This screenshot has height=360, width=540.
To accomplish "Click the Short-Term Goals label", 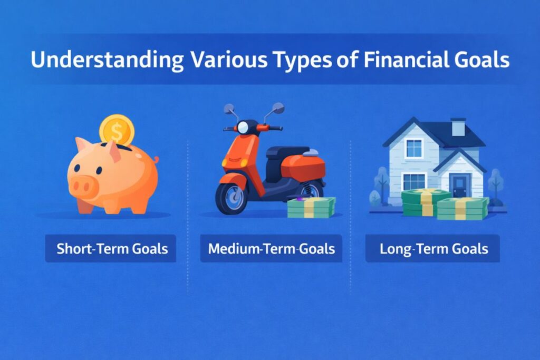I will (x=112, y=248).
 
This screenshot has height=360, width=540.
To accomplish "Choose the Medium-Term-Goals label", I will (x=271, y=248).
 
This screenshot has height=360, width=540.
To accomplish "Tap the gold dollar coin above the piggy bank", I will (x=117, y=129).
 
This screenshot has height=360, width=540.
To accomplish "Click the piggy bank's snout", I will (x=82, y=184).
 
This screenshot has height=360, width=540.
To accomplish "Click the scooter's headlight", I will (x=243, y=128).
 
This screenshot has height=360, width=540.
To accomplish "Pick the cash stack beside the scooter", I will (x=311, y=207).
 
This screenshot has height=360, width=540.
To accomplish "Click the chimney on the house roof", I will (x=458, y=127).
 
